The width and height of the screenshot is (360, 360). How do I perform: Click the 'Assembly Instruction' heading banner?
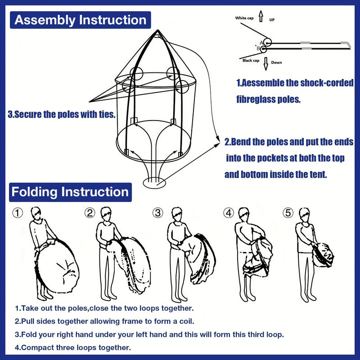[x=80, y=20]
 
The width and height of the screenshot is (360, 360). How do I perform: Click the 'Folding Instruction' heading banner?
[x=70, y=192]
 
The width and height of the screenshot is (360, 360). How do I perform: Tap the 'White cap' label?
[x=244, y=18]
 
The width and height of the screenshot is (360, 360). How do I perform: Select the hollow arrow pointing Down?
[x=265, y=62]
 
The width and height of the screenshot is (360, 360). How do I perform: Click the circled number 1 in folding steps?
[x=17, y=213]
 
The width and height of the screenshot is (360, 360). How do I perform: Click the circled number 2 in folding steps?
[x=90, y=213]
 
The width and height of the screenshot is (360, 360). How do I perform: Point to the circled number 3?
[x=157, y=213]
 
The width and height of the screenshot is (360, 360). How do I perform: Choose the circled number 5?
[x=288, y=213]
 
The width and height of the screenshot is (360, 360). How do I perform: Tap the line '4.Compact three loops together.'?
[x=73, y=347]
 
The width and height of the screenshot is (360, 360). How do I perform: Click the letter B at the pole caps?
[x=258, y=48]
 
